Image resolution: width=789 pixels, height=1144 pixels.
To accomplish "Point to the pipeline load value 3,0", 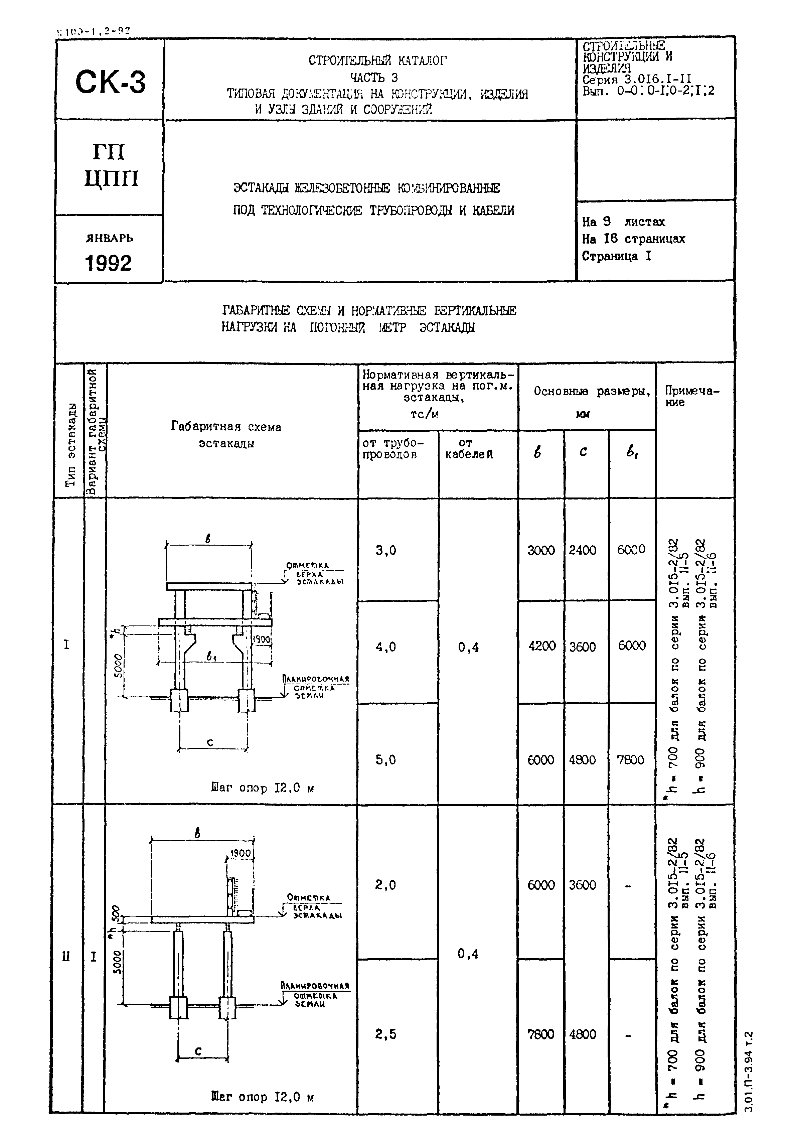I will (385, 550).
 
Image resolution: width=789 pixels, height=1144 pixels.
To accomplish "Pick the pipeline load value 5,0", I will (385, 759).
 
